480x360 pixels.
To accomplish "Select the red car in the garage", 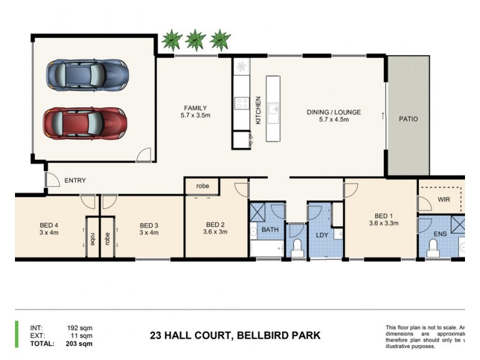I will coord(85,123).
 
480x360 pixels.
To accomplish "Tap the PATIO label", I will coord(408,119).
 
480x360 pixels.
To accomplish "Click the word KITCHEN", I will coord(259,110).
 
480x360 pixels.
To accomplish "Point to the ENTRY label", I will coord(75,181).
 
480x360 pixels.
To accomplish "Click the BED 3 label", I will coord(148,229).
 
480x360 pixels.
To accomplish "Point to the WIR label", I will coord(444,199).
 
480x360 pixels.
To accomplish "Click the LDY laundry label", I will coord(322,235).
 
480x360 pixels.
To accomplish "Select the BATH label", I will coord(270,229).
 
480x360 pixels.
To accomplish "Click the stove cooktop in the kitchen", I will coord(242,103).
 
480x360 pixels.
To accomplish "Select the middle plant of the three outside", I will coord(196,40).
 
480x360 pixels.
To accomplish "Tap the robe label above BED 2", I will coord(202,186).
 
